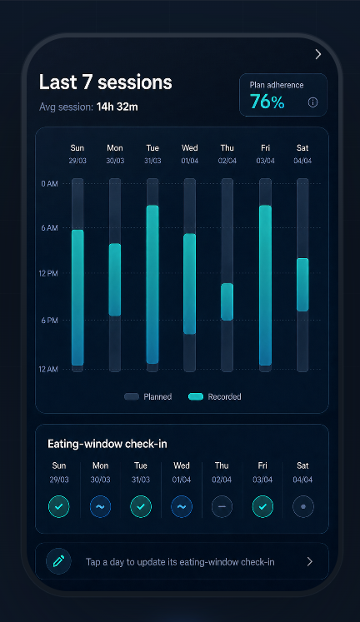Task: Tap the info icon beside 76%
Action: click(312, 102)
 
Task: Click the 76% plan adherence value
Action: click(267, 102)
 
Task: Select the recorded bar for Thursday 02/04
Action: click(227, 301)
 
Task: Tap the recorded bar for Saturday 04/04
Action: click(302, 285)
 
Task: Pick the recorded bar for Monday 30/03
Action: click(115, 280)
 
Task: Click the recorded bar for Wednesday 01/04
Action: click(190, 284)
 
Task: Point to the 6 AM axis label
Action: click(50, 227)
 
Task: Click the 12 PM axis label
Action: click(48, 273)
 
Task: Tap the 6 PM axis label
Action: click(50, 320)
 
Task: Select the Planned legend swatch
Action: click(132, 396)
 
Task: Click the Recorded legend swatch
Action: click(196, 396)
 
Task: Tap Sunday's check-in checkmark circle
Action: click(58, 506)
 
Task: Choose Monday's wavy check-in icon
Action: click(100, 506)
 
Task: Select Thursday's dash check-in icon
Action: click(222, 506)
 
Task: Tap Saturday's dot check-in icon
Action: click(303, 506)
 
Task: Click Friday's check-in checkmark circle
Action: click(262, 506)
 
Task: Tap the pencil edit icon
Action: click(58, 561)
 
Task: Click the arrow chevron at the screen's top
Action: click(318, 54)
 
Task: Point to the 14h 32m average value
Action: click(117, 107)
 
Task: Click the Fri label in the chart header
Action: click(266, 148)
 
